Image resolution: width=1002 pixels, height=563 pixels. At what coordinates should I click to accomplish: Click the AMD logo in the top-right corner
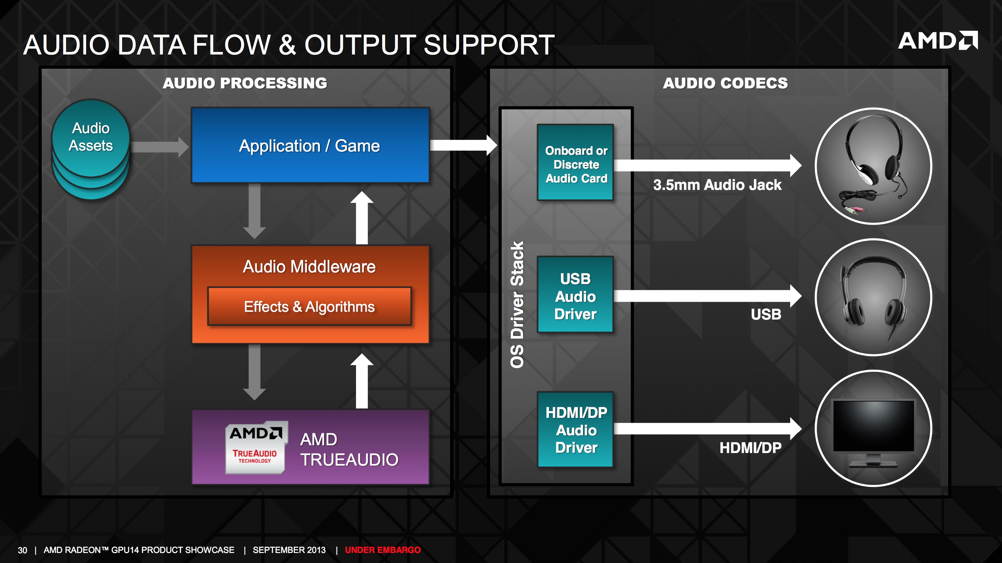pos(938,41)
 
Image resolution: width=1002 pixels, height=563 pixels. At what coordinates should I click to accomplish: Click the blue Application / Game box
pos(310,145)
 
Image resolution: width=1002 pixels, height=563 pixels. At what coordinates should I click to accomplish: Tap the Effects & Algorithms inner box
pos(309,306)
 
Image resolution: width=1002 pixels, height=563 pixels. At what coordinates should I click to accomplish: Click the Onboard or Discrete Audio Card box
pos(575,163)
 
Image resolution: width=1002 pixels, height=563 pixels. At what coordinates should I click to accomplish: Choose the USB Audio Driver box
pos(575,294)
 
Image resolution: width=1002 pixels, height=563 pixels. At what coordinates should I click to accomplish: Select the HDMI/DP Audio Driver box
pos(575,430)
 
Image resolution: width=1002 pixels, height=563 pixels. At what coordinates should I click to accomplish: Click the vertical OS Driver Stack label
pos(517,304)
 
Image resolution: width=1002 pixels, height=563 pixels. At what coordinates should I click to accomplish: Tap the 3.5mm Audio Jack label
pos(717,184)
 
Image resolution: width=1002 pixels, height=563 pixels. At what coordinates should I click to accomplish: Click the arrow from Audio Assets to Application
pos(159,147)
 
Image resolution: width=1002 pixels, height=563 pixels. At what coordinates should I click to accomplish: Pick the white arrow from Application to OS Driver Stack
pos(464,145)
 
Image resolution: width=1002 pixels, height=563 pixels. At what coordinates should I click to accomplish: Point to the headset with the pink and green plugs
pos(873,165)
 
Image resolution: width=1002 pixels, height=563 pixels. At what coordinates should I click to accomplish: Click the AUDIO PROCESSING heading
pos(245,83)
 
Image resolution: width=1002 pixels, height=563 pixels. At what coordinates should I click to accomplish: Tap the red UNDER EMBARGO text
pos(383,550)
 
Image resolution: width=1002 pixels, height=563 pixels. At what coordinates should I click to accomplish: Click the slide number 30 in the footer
pos(23,550)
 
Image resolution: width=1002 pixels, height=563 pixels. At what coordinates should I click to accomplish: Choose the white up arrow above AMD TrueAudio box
pos(362,381)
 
